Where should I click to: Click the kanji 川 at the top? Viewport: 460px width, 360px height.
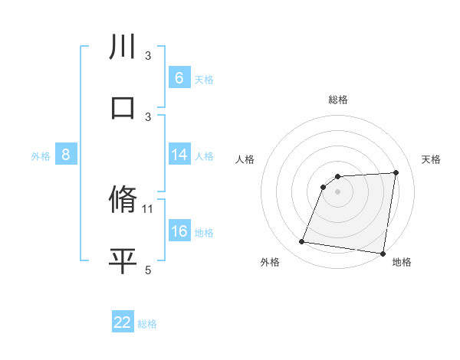point(123,47)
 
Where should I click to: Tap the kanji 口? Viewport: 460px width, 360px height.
point(123,108)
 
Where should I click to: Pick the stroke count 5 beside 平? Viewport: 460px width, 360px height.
point(148,270)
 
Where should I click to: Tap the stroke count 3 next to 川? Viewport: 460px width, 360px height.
point(148,55)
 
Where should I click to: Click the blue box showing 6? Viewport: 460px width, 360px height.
point(179,78)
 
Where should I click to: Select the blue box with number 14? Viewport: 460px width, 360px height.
point(179,155)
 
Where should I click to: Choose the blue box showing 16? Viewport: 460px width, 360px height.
point(179,231)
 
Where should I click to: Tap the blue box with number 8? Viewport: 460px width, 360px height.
point(66,155)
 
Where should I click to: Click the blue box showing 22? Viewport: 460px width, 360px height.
point(123,322)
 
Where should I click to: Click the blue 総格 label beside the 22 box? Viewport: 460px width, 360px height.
point(147,324)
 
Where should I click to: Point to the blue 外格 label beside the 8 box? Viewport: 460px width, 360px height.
point(41,156)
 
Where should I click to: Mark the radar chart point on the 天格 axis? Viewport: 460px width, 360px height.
point(396,172)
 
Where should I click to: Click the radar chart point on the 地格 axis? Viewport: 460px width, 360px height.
point(383,254)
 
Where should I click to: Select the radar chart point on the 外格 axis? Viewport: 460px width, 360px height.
point(301,243)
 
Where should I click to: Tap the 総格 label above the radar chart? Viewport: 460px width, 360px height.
point(338,100)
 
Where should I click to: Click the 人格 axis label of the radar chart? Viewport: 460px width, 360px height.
point(245,159)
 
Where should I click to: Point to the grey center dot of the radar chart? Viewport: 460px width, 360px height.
point(338,191)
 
